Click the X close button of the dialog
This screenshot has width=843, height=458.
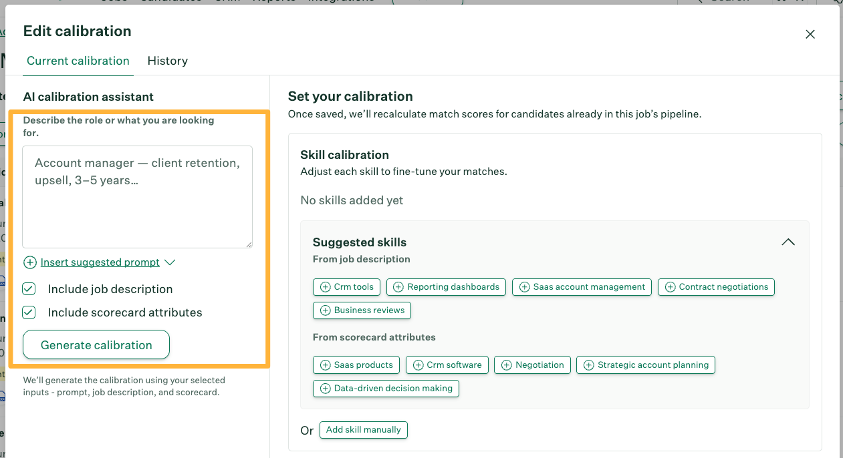tap(810, 34)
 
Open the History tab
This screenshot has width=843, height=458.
tap(167, 61)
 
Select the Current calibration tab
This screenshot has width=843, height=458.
tap(78, 61)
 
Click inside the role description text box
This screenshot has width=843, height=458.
tap(137, 197)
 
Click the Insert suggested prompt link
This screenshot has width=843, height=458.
tap(100, 262)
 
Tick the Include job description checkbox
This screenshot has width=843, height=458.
tap(29, 289)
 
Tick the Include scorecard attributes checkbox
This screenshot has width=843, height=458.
tap(29, 312)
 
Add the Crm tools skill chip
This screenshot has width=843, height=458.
tap(346, 287)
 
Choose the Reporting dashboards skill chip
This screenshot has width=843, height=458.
tap(446, 287)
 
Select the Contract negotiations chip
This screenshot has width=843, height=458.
tap(716, 287)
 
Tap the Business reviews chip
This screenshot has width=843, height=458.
tap(362, 310)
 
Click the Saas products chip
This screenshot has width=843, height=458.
tap(356, 365)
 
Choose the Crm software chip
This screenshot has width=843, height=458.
tap(447, 365)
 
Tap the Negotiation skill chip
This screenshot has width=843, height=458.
tap(533, 365)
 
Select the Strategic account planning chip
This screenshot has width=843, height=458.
tap(645, 365)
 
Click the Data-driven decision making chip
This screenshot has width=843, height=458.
tap(386, 389)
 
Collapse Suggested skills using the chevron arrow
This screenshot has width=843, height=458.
tap(788, 242)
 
